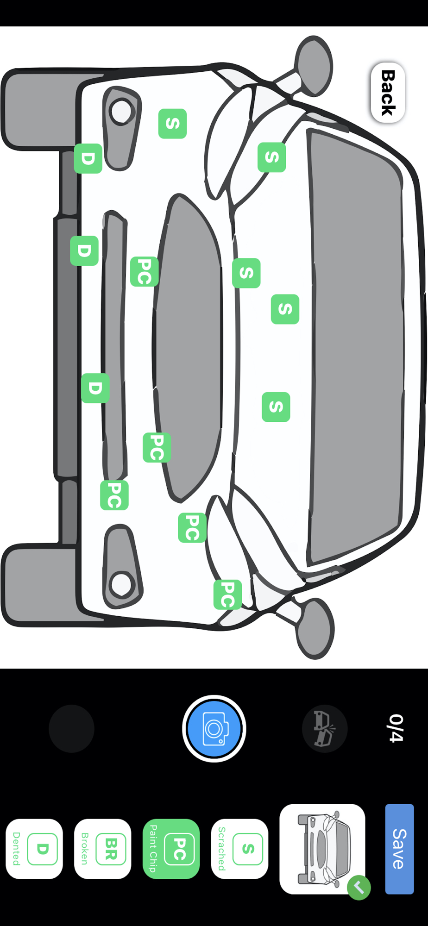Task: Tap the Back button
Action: (x=388, y=93)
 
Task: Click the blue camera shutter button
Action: (x=214, y=728)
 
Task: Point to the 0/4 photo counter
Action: (x=396, y=728)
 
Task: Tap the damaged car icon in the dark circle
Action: (x=325, y=728)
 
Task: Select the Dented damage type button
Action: (x=34, y=849)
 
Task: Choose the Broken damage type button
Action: (x=103, y=849)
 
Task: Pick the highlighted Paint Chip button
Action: (x=171, y=849)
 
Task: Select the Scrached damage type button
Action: (x=240, y=849)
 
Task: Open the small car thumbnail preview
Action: (x=322, y=849)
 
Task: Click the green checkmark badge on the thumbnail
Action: (x=359, y=888)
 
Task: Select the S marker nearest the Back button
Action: (x=272, y=157)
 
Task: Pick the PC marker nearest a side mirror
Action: (x=227, y=594)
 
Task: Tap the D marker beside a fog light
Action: (x=88, y=159)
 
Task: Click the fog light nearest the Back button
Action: (x=121, y=128)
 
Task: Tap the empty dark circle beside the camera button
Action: (x=71, y=728)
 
